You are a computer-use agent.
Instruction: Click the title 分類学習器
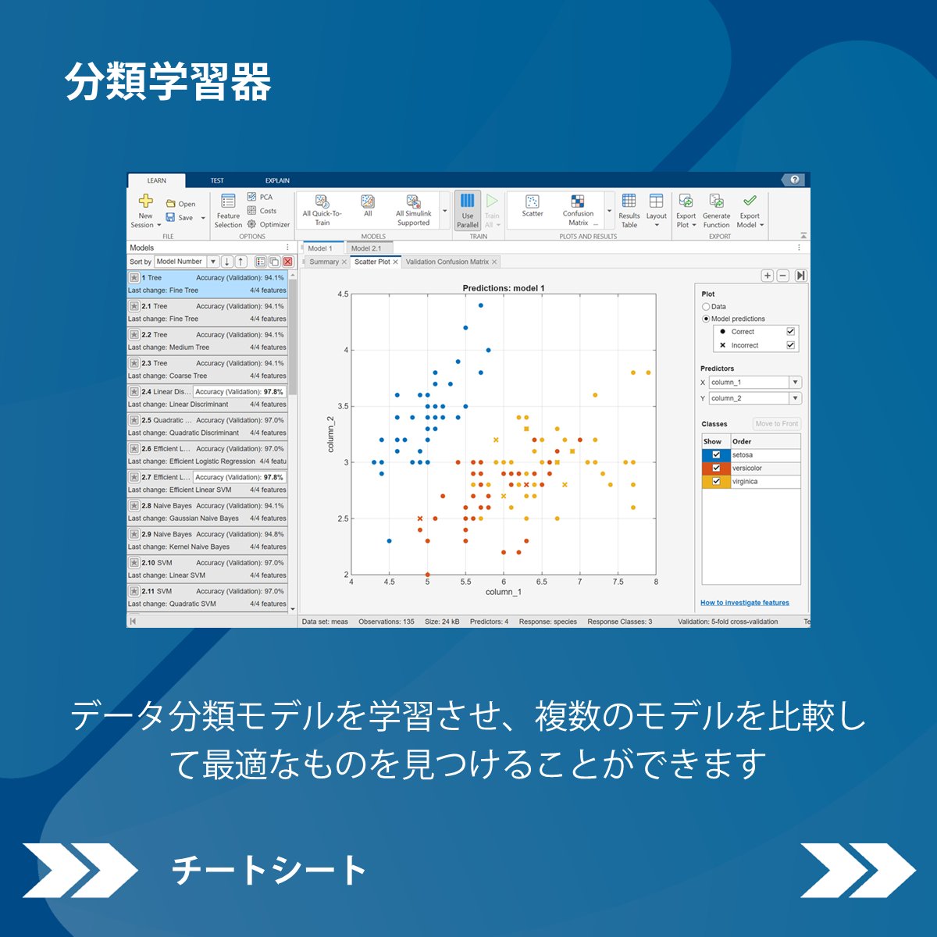pyautogui.click(x=168, y=82)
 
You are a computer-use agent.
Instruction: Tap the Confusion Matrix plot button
pyautogui.click(x=578, y=209)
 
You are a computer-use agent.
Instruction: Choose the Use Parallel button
pyautogui.click(x=467, y=210)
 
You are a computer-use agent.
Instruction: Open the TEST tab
pyautogui.click(x=217, y=180)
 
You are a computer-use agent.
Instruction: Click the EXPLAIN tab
pyautogui.click(x=277, y=180)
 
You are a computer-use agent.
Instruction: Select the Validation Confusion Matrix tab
pyautogui.click(x=447, y=262)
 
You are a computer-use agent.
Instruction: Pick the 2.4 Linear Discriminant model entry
pyautogui.click(x=207, y=397)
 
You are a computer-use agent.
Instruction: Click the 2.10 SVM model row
pyautogui.click(x=207, y=568)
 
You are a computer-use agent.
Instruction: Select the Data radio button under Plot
pyautogui.click(x=706, y=307)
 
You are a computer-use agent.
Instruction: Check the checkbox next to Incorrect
pyautogui.click(x=790, y=345)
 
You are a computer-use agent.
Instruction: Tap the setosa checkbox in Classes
pyautogui.click(x=716, y=454)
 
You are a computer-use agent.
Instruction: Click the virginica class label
pyautogui.click(x=745, y=482)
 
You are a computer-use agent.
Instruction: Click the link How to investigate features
pyautogui.click(x=744, y=603)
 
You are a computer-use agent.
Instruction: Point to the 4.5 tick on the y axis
pyautogui.click(x=343, y=294)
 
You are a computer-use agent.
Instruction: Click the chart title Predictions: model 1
pyautogui.click(x=504, y=288)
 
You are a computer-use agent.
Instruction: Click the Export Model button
pyautogui.click(x=750, y=210)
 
